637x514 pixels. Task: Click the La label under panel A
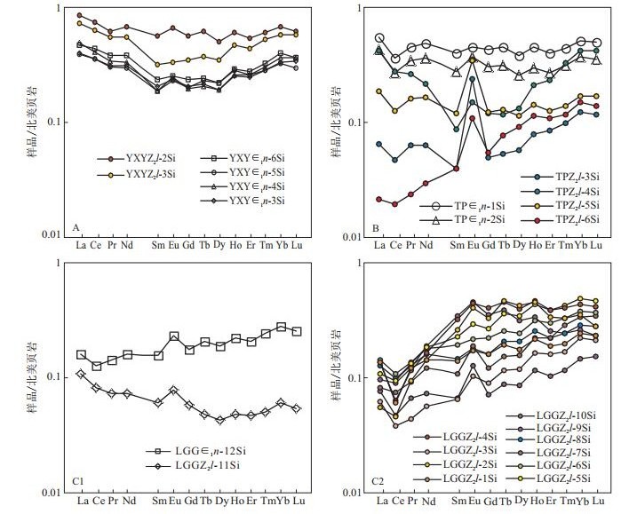tap(82, 245)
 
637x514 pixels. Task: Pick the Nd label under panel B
tap(426, 245)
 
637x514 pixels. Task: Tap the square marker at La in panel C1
tap(82, 355)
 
